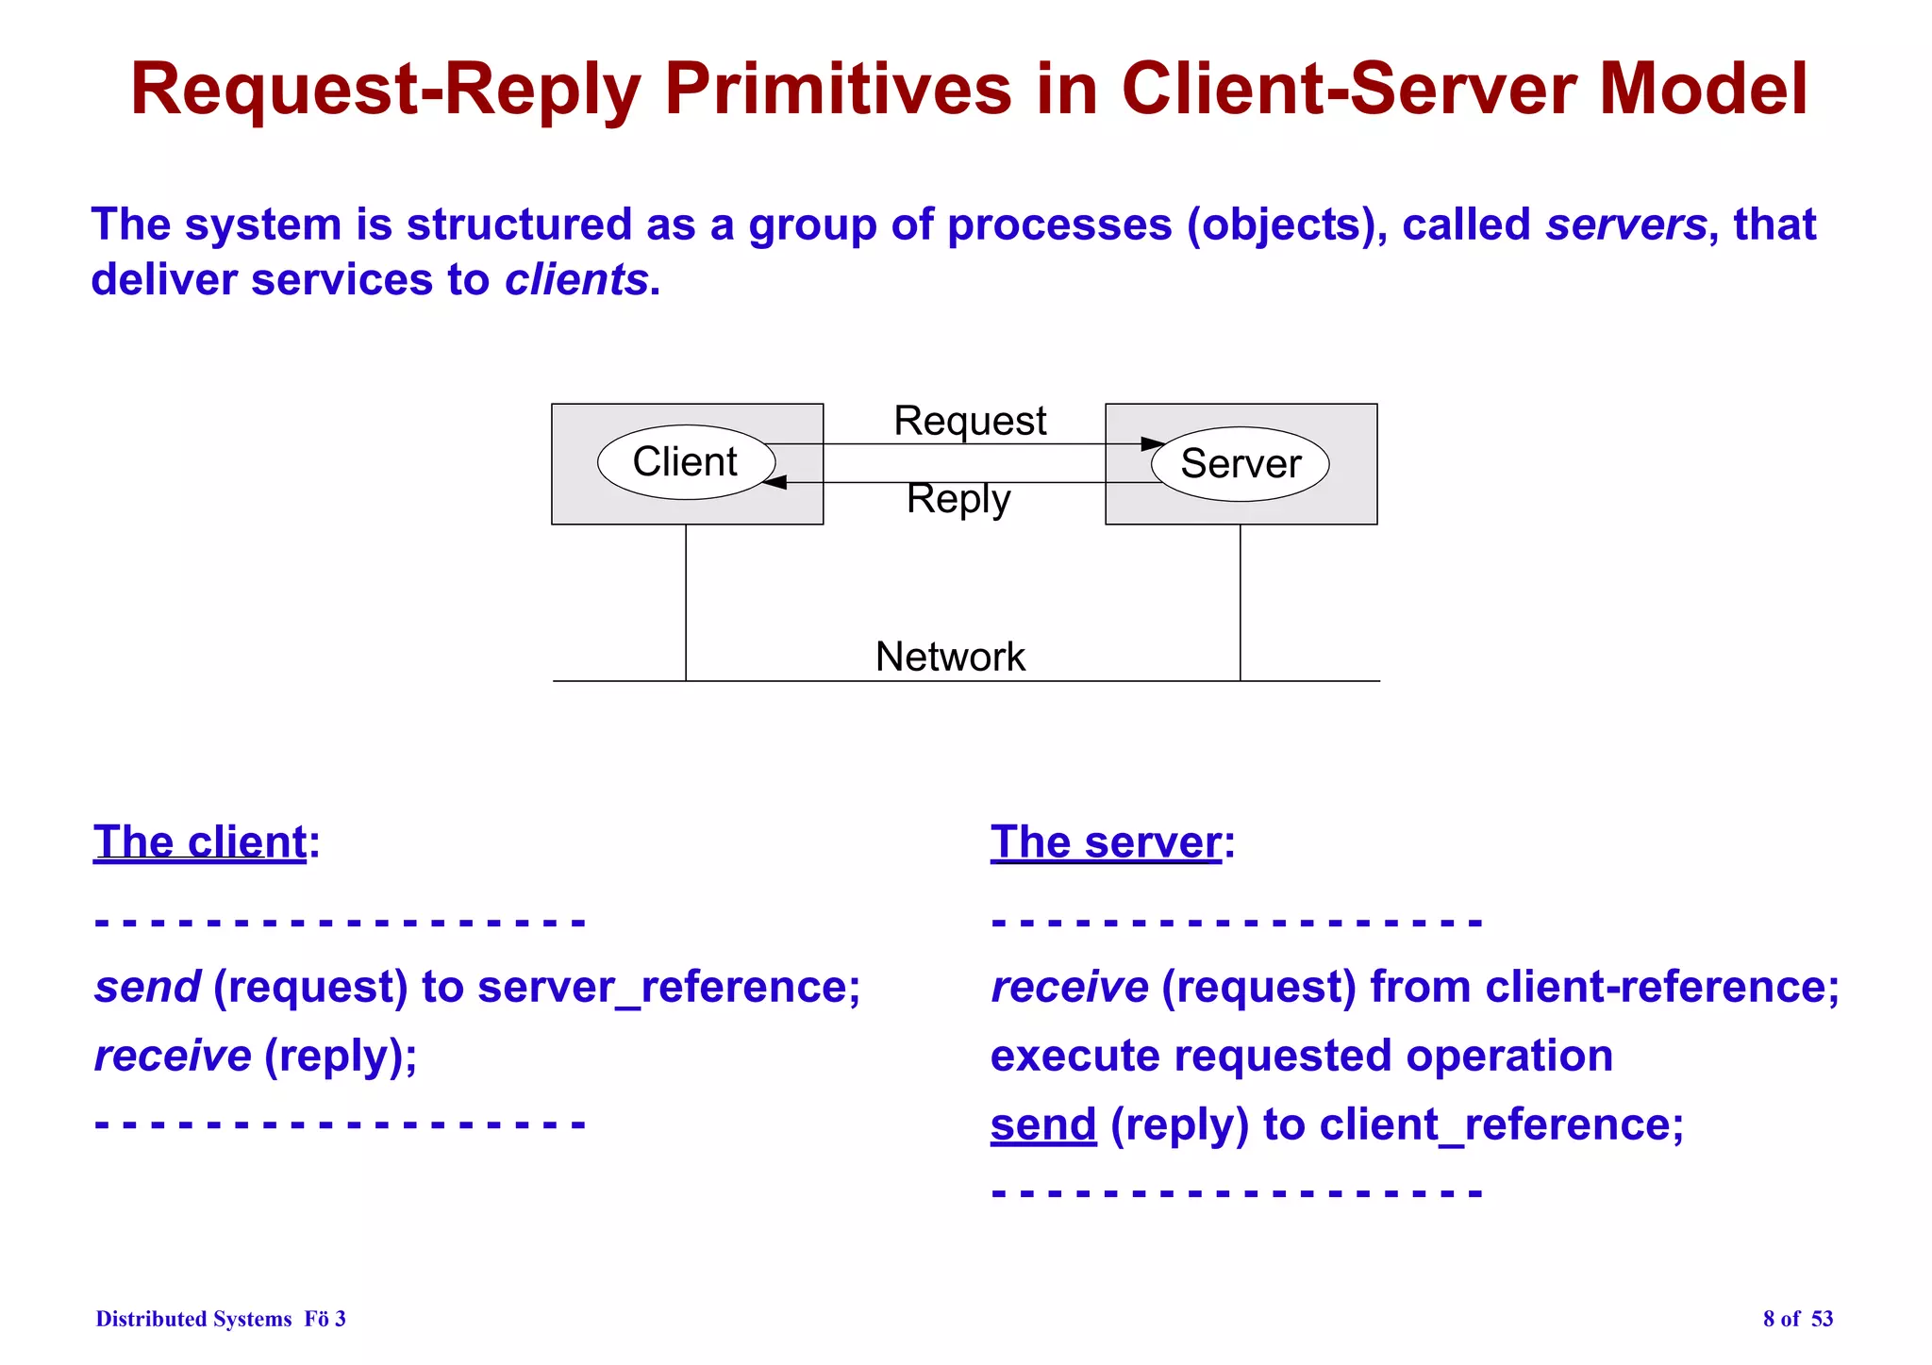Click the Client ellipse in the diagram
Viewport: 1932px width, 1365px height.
click(x=686, y=462)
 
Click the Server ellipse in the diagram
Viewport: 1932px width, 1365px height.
click(x=1241, y=464)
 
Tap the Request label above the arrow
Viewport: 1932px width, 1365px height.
click(x=970, y=421)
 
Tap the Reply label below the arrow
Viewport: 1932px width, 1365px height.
click(x=958, y=498)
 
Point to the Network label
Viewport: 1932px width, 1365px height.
click(x=950, y=657)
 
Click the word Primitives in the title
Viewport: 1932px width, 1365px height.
click(x=838, y=90)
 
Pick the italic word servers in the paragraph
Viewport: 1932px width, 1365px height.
click(x=1625, y=225)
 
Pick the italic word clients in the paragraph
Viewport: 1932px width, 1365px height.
click(x=576, y=280)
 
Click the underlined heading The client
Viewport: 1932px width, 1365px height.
click(x=200, y=841)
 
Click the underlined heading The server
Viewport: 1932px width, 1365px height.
click(x=1106, y=841)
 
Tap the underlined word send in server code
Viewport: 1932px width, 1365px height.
click(x=1043, y=1124)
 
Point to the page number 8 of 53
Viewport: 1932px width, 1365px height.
click(x=1797, y=1319)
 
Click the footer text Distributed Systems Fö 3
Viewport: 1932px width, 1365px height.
click(x=221, y=1319)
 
